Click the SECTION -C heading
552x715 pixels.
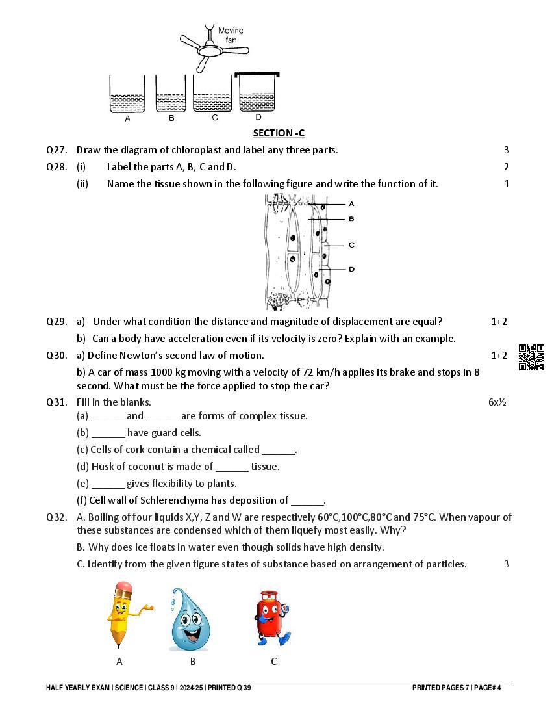tap(279, 133)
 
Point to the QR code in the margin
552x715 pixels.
tap(531, 357)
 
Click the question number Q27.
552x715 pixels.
tap(56, 150)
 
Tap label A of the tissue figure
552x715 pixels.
tap(351, 203)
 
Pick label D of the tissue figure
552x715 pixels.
tap(351, 269)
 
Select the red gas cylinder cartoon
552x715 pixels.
tap(270, 617)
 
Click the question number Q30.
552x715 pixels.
tap(56, 356)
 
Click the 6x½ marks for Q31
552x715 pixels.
tap(497, 402)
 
